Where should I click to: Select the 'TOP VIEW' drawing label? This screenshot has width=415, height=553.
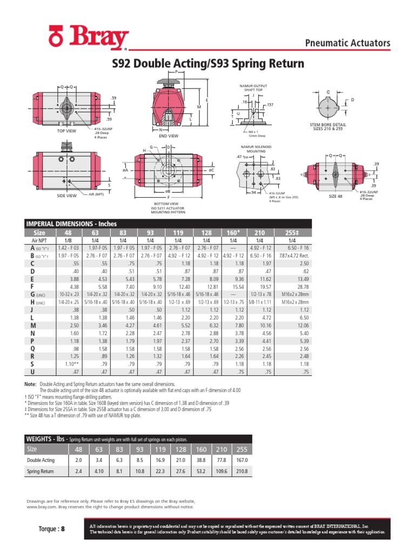click(x=66, y=131)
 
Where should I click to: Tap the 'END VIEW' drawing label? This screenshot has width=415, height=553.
click(x=169, y=136)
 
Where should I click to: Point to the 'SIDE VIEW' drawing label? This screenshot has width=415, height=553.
click(x=66, y=195)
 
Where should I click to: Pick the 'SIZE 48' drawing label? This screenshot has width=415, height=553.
click(x=337, y=196)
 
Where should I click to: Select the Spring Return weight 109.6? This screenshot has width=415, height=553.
click(x=222, y=471)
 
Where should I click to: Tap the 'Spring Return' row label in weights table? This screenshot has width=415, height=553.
click(x=41, y=471)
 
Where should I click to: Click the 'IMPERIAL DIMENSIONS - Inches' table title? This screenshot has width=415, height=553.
click(x=72, y=224)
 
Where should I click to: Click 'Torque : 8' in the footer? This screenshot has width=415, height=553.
click(x=51, y=529)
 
